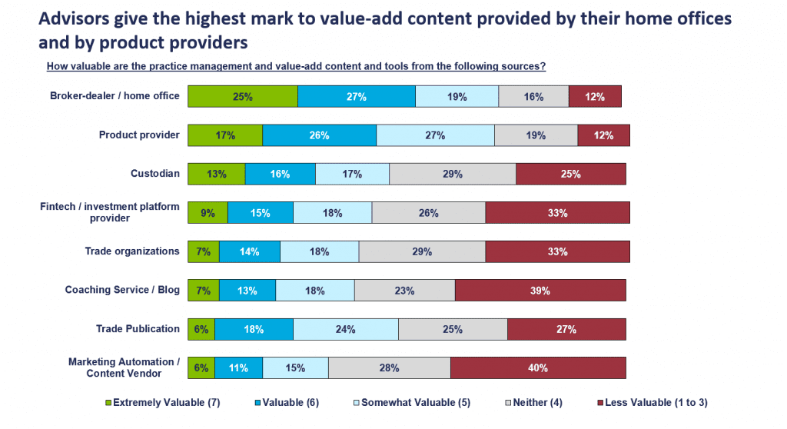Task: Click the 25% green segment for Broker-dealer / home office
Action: tap(243, 97)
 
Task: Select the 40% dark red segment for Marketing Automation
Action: tap(538, 368)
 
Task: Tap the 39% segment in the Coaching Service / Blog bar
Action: tap(540, 291)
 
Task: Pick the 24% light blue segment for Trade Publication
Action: tap(346, 329)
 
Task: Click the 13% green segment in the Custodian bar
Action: tap(217, 175)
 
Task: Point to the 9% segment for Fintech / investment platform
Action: tap(208, 213)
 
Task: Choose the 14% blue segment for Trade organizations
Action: tap(250, 251)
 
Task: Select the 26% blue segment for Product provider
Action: tap(320, 135)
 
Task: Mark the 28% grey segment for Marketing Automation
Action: tap(389, 368)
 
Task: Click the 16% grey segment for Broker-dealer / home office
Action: tap(533, 97)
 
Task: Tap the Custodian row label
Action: tap(155, 174)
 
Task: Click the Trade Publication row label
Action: tap(138, 329)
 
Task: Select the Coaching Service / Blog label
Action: tap(122, 290)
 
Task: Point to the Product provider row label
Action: tap(139, 135)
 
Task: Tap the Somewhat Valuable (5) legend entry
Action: tap(410, 402)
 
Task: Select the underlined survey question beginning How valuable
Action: tap(296, 66)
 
